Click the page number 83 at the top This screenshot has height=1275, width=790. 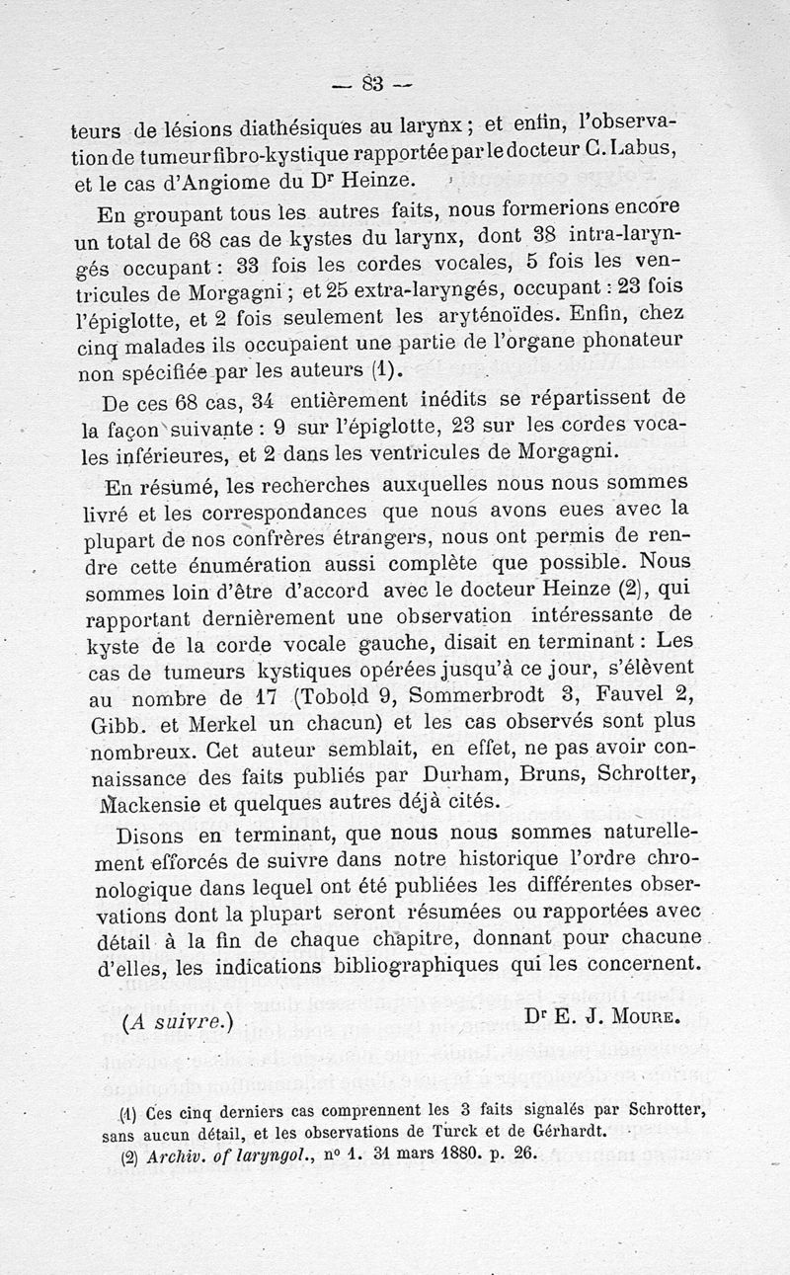tap(373, 83)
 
